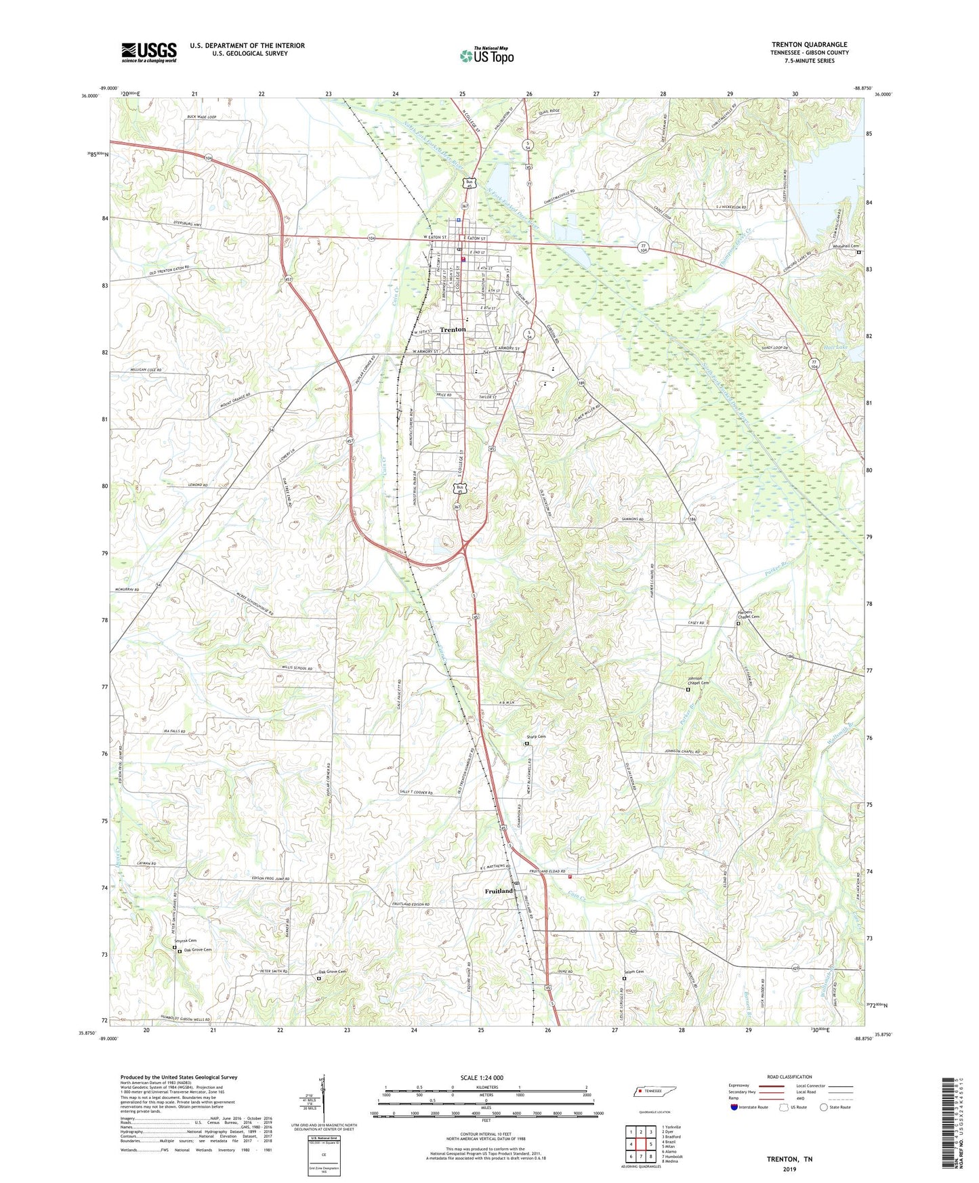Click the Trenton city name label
point(453,329)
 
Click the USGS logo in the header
point(148,52)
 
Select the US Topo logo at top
point(486,56)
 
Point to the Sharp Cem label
point(536,736)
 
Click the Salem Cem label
point(633,972)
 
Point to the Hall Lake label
point(835,347)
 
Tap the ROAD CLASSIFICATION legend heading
point(789,1077)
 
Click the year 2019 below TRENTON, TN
point(789,1169)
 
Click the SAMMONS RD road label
point(631,519)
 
